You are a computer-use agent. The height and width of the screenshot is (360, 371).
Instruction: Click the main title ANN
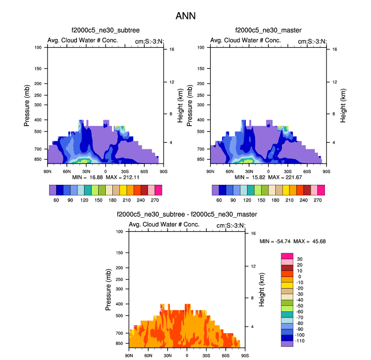click(185, 16)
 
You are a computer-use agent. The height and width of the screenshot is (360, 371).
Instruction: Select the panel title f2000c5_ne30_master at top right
click(268, 31)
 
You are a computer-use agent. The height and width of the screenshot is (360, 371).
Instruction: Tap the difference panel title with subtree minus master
click(187, 215)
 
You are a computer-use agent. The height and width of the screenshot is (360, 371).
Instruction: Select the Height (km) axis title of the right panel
click(343, 105)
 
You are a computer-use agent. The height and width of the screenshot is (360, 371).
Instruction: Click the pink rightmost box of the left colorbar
click(158, 190)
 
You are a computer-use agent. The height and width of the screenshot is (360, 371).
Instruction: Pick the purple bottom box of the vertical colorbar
click(287, 343)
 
